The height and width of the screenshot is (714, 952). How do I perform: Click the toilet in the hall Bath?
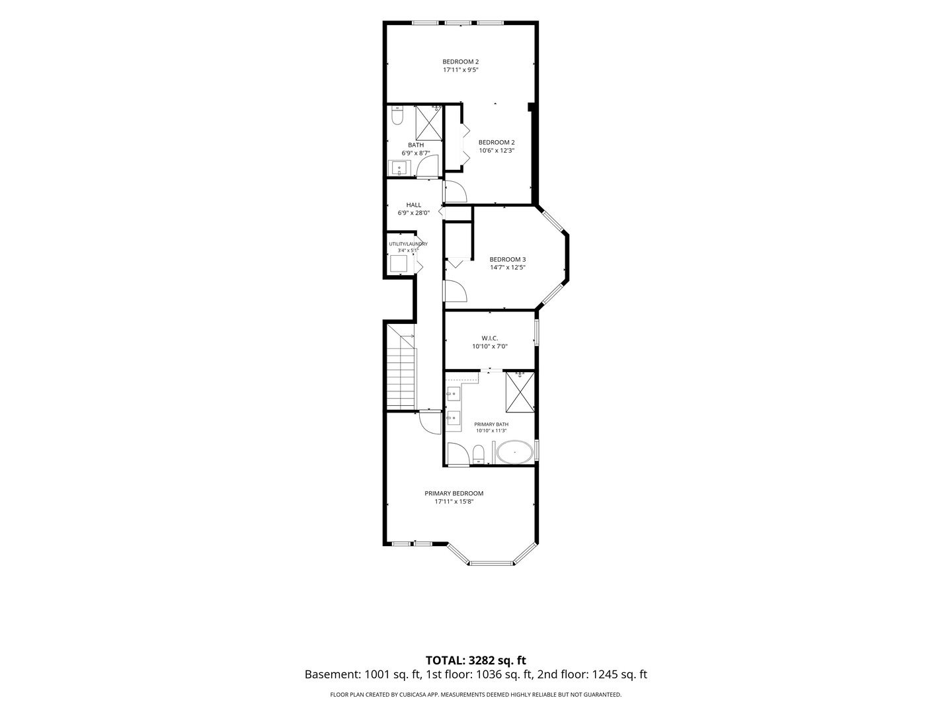397,116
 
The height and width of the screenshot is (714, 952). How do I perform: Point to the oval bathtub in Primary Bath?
514,453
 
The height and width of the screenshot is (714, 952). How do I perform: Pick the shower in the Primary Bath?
520,391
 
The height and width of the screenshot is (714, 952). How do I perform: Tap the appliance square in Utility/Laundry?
398,264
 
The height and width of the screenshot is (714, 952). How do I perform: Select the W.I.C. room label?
490,338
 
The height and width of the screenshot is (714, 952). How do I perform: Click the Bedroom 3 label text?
508,259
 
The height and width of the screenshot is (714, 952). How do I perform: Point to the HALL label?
414,205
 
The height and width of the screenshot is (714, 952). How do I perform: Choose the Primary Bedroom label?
454,493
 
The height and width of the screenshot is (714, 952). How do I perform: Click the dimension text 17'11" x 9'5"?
461,70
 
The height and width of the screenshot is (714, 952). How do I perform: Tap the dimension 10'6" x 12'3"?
496,151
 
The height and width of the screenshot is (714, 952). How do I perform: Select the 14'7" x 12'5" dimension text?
508,268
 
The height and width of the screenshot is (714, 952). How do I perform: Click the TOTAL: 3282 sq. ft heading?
475,660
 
